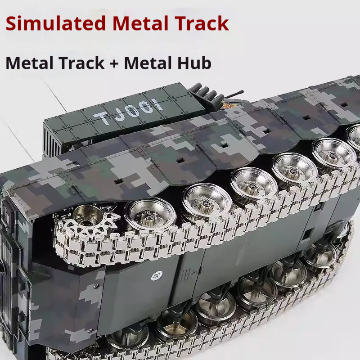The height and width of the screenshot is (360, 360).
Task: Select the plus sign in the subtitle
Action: click(x=114, y=63)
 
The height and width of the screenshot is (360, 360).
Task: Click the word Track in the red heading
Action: click(x=202, y=23)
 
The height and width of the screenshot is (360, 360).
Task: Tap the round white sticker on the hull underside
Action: click(x=157, y=276)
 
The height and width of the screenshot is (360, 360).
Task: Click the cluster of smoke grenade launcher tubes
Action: click(x=206, y=95)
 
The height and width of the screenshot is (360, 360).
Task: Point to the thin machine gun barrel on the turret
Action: click(x=234, y=94)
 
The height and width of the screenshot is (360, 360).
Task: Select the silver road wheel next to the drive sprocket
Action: click(x=150, y=215)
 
